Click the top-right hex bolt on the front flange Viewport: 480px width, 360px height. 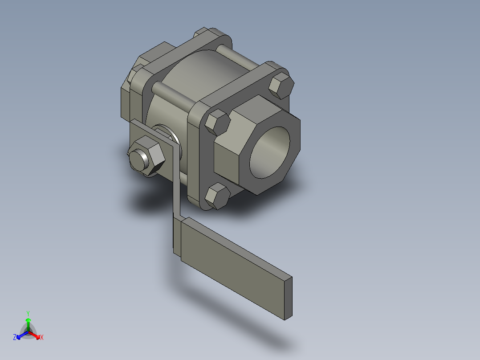point(281,86)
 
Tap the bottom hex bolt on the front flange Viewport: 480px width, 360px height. point(217,196)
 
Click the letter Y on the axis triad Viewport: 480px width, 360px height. point(28,313)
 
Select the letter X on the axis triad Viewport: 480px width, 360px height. point(42,337)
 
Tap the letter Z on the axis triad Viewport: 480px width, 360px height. point(14,337)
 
